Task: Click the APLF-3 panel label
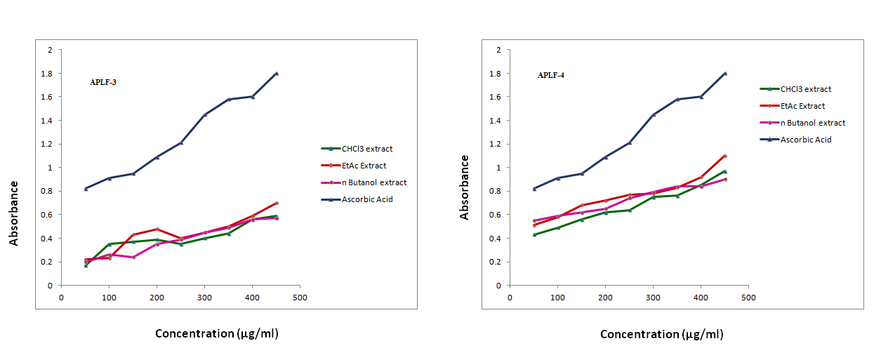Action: coord(103,82)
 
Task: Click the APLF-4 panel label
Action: coord(551,75)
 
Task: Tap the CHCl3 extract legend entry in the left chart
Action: coord(366,149)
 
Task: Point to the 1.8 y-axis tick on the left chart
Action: coord(48,74)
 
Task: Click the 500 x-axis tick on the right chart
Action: coord(749,298)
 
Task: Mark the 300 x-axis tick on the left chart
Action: coord(204,298)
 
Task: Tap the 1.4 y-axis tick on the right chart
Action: coord(497,121)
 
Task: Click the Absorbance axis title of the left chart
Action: coord(14,213)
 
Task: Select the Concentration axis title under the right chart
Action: coord(661,335)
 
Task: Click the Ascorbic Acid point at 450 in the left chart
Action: coord(277,74)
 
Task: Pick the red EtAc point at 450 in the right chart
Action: coord(725,156)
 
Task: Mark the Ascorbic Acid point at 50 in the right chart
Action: coord(534,189)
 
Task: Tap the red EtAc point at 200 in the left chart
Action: coord(157,229)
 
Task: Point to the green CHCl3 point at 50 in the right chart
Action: coord(534,234)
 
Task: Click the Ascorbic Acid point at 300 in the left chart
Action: coord(204,114)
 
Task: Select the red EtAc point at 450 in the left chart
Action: coord(277,203)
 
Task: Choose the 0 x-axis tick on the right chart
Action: coord(510,298)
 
